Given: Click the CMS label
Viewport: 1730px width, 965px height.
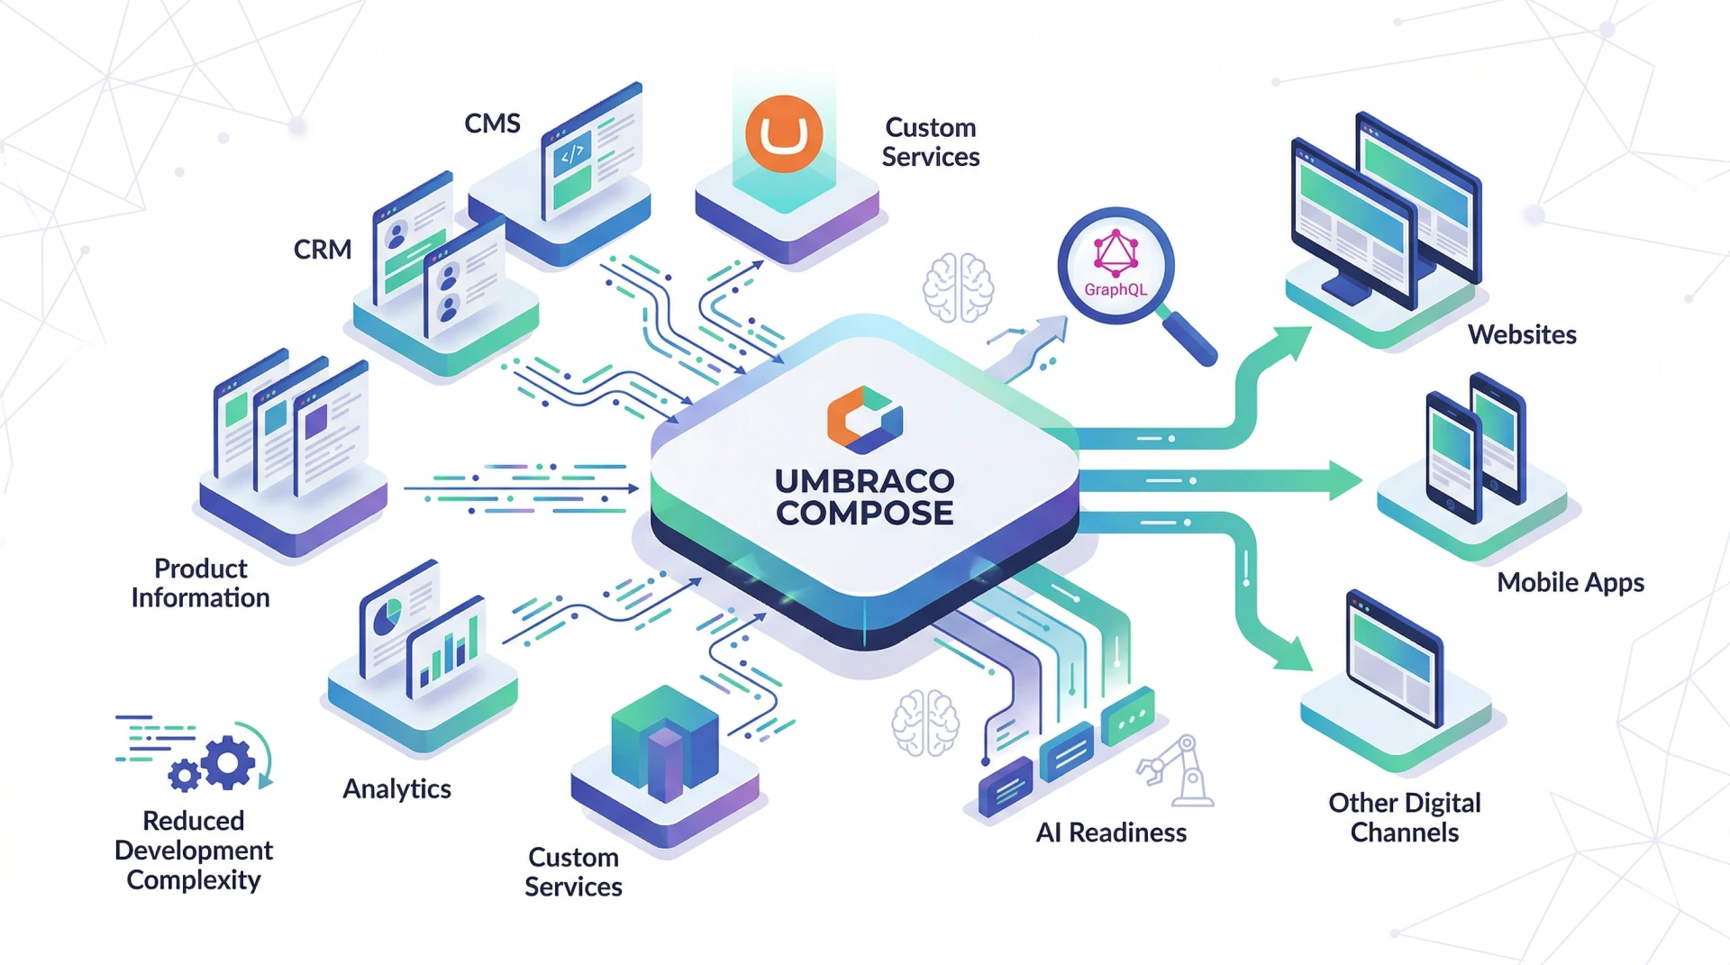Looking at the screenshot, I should (x=492, y=123).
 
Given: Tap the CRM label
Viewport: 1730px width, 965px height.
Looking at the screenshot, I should (x=323, y=250).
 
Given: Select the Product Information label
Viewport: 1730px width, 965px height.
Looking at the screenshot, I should (x=200, y=583).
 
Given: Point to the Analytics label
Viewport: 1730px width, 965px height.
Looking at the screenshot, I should (x=396, y=788).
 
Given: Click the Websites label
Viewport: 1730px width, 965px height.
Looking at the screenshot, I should (x=1522, y=334).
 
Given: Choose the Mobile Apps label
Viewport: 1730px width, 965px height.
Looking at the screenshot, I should (x=1571, y=582).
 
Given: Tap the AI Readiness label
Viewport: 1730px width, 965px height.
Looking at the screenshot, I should (x=1111, y=833).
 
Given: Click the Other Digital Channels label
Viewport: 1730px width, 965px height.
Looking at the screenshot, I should (x=1405, y=817).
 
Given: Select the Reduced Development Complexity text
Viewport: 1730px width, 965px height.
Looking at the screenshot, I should (x=194, y=850).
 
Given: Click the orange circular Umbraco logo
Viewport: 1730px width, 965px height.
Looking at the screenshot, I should (x=784, y=134).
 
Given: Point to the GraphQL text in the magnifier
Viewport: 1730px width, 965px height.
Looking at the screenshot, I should (x=1115, y=289).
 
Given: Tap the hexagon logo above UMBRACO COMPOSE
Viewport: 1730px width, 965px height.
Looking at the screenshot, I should (x=864, y=419).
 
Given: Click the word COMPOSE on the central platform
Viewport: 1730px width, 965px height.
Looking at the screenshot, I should (x=865, y=514).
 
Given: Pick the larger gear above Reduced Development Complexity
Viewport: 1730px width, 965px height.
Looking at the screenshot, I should (x=229, y=762).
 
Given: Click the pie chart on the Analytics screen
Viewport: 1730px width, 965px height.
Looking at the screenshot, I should (x=388, y=617).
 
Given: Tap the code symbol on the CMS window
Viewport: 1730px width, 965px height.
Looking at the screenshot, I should (x=572, y=154).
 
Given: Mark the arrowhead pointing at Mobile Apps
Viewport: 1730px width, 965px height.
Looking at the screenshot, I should (x=1345, y=480).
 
